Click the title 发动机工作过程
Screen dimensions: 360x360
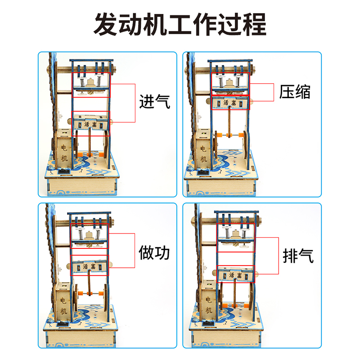pyautogui.click(x=180, y=25)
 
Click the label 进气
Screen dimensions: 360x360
pyautogui.click(x=154, y=102)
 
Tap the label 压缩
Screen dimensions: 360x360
pyautogui.click(x=294, y=92)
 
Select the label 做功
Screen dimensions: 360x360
pyautogui.click(x=154, y=252)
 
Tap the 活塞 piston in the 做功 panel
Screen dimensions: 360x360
pyautogui.click(x=90, y=267)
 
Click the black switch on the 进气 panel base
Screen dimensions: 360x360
pyautogui.click(x=64, y=173)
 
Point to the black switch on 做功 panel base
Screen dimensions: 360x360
pyautogui.click(x=63, y=324)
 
